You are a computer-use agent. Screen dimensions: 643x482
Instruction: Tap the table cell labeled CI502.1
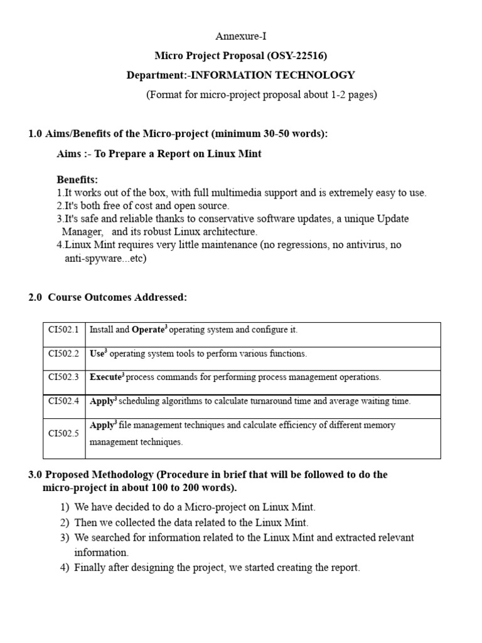(64, 330)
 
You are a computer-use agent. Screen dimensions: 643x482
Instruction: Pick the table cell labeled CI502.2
(64, 354)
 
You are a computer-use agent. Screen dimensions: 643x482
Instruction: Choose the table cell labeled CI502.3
(64, 377)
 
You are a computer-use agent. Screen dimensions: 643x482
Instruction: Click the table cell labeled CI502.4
(64, 401)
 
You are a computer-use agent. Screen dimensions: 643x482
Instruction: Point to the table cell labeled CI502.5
(64, 433)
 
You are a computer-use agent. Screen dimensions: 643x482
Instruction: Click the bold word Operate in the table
(148, 330)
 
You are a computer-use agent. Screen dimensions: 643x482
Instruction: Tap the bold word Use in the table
(97, 354)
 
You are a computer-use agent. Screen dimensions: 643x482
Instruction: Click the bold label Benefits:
(77, 180)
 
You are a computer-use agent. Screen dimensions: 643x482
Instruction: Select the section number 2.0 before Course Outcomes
(36, 298)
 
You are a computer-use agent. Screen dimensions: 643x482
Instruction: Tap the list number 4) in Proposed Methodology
(65, 568)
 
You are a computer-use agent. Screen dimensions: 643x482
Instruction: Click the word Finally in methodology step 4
(89, 568)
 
